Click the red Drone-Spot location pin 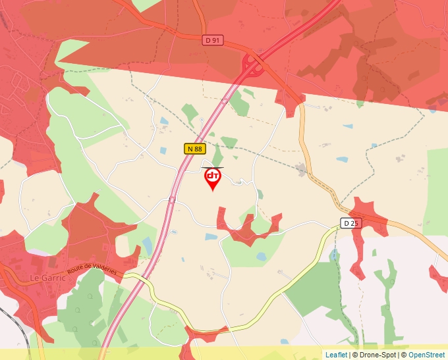212,178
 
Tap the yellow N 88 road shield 194,149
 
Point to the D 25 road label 351,223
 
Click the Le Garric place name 47,278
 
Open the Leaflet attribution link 336,355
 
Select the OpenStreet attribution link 427,355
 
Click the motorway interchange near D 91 252,64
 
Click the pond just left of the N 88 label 163,151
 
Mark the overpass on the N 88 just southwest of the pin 172,199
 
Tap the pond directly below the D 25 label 335,253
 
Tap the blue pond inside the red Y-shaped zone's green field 261,256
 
